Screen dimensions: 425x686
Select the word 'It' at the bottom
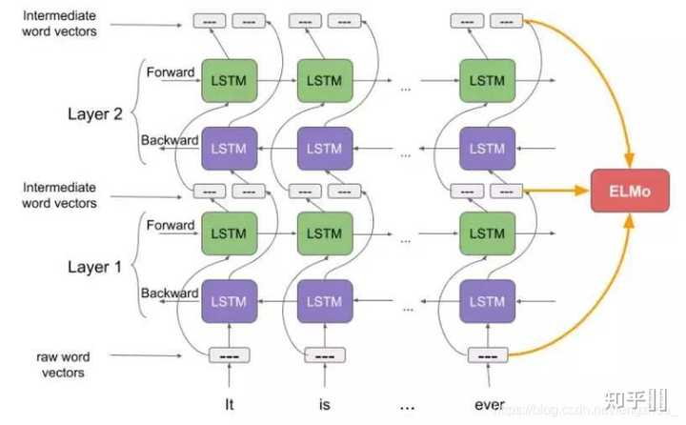(x=229, y=404)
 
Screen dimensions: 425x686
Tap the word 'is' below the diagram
(x=324, y=404)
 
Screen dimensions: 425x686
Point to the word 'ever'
(x=489, y=404)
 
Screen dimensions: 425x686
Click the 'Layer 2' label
(x=95, y=114)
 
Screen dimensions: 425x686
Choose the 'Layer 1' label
(x=95, y=267)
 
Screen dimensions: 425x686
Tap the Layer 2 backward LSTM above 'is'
(x=324, y=148)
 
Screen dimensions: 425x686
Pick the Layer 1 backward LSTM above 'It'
(x=229, y=300)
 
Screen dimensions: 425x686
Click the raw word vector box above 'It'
(x=229, y=355)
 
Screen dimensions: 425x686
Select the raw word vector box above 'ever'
(x=487, y=355)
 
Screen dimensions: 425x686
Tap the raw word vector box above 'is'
(x=324, y=355)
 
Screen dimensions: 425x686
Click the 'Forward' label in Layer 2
(x=170, y=71)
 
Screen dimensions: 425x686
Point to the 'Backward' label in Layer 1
(x=170, y=293)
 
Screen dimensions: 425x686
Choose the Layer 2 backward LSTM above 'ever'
(x=488, y=148)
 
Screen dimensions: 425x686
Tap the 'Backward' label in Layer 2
(x=170, y=140)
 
